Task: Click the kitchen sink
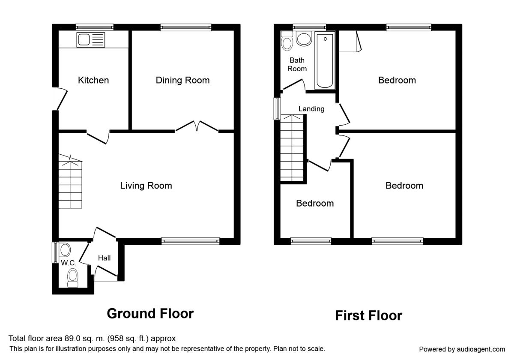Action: (x=91, y=40)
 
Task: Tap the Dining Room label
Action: (x=182, y=80)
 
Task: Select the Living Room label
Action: (x=146, y=186)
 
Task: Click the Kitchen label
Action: (x=93, y=80)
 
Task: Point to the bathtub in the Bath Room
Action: (x=325, y=60)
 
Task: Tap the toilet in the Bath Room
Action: (x=287, y=41)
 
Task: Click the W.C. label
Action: (x=69, y=263)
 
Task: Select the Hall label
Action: (x=104, y=258)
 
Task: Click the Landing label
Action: (x=311, y=108)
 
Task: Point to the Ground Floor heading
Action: (x=150, y=313)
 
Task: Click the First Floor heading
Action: (x=368, y=315)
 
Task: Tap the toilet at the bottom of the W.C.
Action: (x=73, y=278)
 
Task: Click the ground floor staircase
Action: (x=70, y=181)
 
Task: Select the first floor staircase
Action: (x=292, y=148)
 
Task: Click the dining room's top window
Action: (x=186, y=27)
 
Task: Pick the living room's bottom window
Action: (x=191, y=241)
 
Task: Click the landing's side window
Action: (x=278, y=108)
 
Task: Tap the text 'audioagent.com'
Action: (x=481, y=349)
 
